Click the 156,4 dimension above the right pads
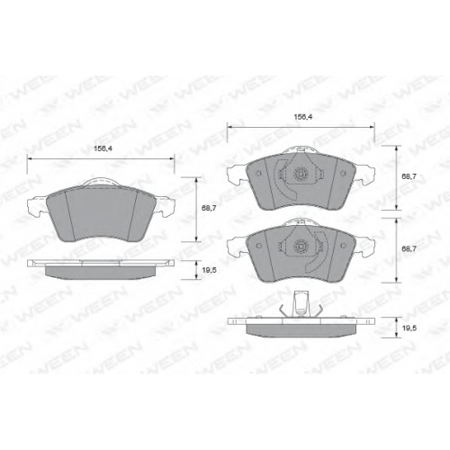point(303,117)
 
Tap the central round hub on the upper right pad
point(301,173)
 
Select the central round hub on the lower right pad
point(301,246)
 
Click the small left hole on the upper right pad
point(259,173)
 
